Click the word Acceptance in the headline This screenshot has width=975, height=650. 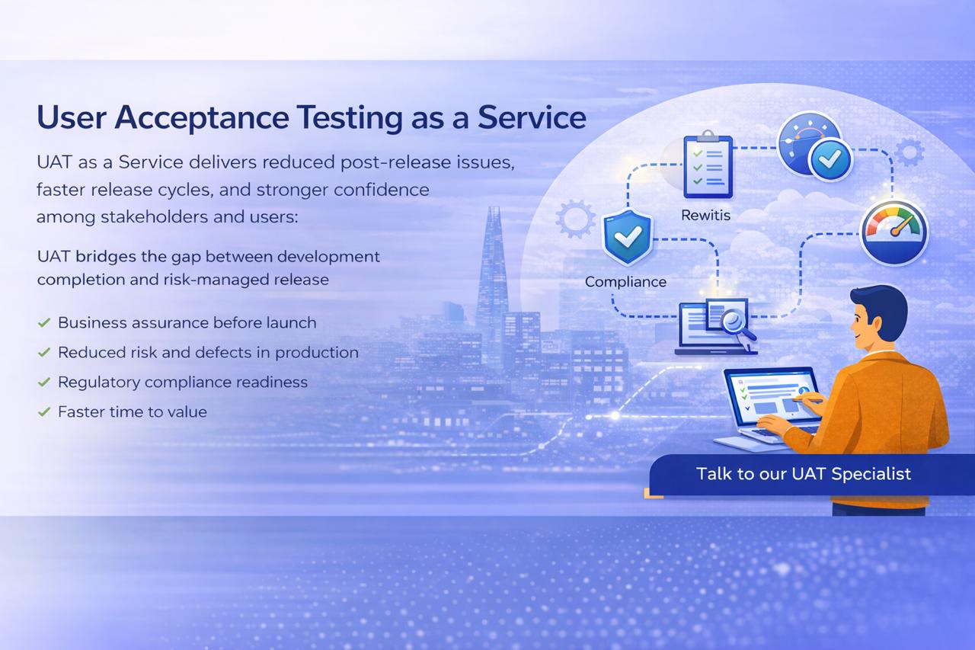tap(202, 118)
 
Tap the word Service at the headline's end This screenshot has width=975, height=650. tap(532, 117)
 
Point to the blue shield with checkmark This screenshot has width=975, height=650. tap(627, 237)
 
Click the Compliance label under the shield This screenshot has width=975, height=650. tap(625, 282)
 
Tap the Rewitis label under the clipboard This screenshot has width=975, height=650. tap(705, 215)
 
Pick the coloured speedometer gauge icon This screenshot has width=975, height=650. tap(894, 233)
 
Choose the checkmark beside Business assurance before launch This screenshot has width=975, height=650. tap(44, 322)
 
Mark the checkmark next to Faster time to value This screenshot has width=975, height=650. tap(44, 411)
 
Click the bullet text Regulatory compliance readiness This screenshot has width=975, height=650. tap(183, 383)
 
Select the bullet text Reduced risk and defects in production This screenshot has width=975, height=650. tap(208, 352)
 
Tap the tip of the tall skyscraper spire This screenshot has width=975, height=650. tap(494, 208)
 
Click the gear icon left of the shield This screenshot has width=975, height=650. tap(575, 219)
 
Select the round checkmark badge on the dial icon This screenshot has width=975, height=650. tap(830, 160)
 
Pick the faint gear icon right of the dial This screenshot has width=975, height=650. tap(909, 152)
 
